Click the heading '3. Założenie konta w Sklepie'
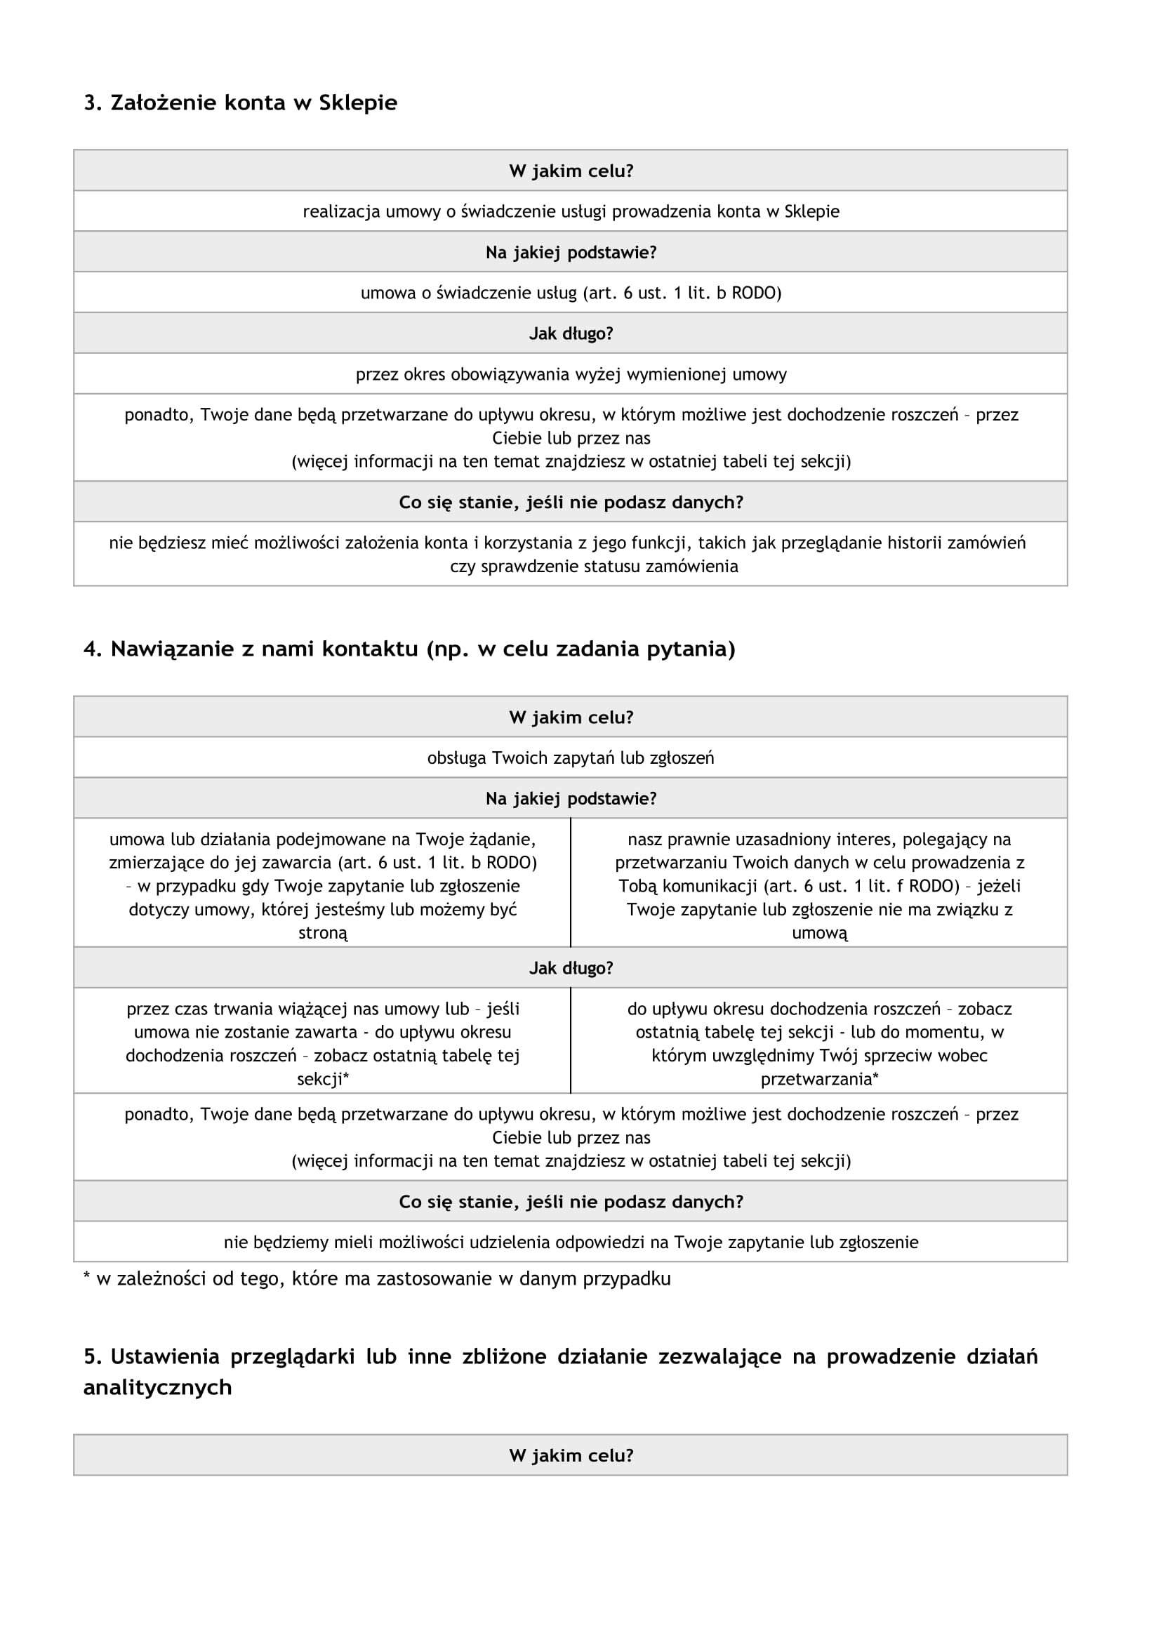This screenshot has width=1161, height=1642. pyautogui.click(x=240, y=102)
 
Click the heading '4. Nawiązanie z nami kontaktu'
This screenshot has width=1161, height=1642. pyautogui.click(x=409, y=649)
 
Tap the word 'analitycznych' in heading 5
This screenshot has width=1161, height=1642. pyautogui.click(x=157, y=1386)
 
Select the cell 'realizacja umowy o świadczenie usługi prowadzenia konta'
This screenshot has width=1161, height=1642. pyautogui.click(x=571, y=211)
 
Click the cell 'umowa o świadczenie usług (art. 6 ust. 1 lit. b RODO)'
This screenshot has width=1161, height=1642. pyautogui.click(x=571, y=293)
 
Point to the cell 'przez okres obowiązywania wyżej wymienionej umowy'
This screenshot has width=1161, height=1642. pyautogui.click(x=571, y=374)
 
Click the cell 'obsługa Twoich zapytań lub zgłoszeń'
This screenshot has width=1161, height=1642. pyautogui.click(x=571, y=757)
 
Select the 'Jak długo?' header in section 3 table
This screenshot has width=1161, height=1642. pyautogui.click(x=571, y=333)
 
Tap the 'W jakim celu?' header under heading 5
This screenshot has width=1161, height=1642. pyautogui.click(x=571, y=1455)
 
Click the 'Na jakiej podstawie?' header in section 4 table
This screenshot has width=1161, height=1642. pyautogui.click(x=571, y=798)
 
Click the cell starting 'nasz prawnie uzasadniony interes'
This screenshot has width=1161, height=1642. pyautogui.click(x=819, y=885)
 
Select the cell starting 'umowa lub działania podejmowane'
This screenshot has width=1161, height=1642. pyautogui.click(x=322, y=885)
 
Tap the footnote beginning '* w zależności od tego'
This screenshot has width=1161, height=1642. pyautogui.click(x=377, y=1278)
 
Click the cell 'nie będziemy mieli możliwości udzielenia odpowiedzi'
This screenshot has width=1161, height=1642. pyautogui.click(x=571, y=1242)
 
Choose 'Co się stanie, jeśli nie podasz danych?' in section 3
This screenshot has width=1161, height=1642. pyautogui.click(x=571, y=502)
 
